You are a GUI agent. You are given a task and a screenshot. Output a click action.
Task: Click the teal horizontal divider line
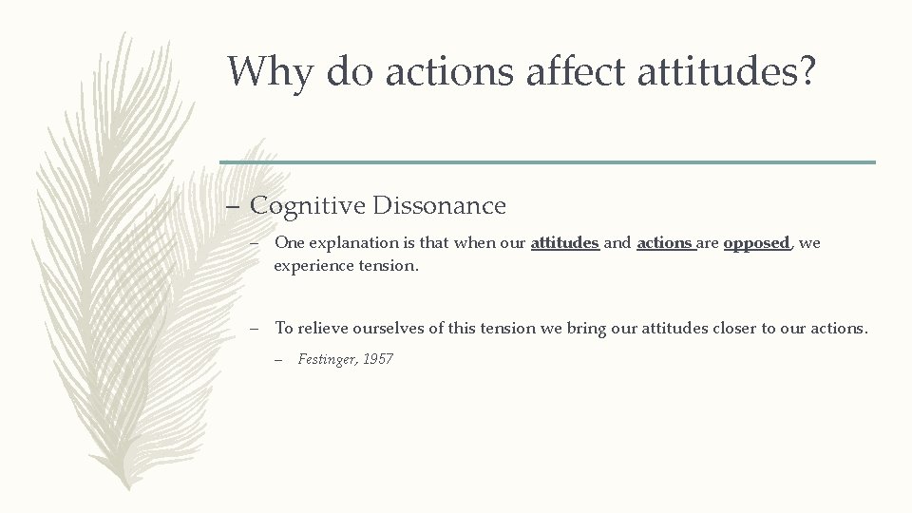coord(547,161)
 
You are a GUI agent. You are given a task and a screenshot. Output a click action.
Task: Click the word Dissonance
coord(440,205)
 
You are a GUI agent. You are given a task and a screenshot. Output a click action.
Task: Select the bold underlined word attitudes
coord(564,243)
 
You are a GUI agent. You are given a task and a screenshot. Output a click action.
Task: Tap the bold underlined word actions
coord(665,243)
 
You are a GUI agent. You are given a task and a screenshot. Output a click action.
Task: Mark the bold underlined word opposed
coord(756,243)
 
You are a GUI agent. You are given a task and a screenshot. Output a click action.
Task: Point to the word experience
coord(313,266)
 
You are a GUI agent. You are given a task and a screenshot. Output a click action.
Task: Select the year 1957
coord(378,359)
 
